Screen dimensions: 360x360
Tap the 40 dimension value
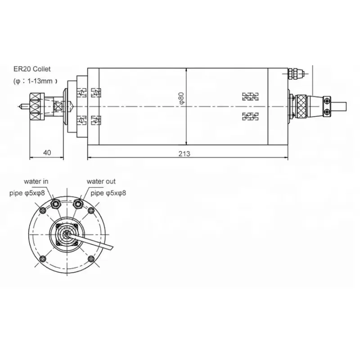click(x=47, y=153)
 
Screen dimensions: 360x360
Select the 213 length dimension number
click(x=184, y=153)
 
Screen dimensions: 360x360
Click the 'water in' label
click(x=36, y=181)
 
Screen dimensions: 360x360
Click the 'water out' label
click(x=101, y=181)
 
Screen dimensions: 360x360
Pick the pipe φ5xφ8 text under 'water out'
click(x=108, y=193)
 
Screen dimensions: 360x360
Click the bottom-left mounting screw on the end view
click(x=43, y=258)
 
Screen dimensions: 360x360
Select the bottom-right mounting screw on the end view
click(x=92, y=258)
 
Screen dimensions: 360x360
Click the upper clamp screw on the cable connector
click(x=329, y=99)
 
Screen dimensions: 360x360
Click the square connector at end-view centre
click(x=67, y=234)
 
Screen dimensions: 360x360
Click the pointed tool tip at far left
click(x=19, y=107)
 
